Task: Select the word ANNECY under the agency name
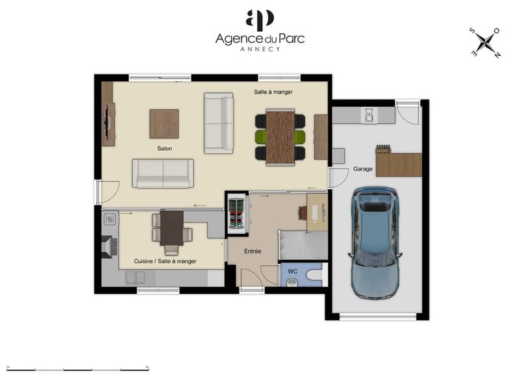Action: pos(260,49)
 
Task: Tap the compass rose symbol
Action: pos(485,43)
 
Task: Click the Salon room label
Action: pos(164,149)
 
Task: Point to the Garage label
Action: pos(363,169)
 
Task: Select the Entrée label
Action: pos(253,251)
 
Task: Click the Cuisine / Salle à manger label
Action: pos(165,261)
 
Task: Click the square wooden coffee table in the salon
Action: pos(164,123)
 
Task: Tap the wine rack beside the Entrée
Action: pos(237,213)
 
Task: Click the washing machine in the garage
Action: pos(370,116)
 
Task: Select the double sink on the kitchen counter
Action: pos(135,278)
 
